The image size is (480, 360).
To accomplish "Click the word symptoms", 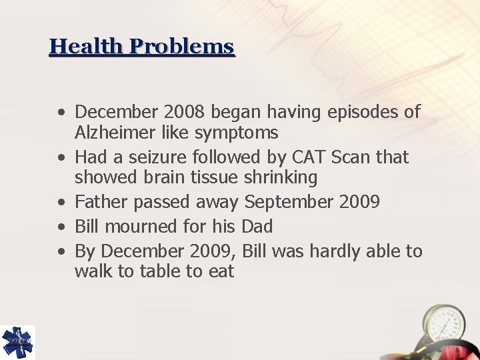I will point(237,133).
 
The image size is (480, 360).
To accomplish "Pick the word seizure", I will point(153,157).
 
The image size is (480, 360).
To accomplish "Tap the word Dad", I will point(257,227).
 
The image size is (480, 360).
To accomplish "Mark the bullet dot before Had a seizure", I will point(61,158).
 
